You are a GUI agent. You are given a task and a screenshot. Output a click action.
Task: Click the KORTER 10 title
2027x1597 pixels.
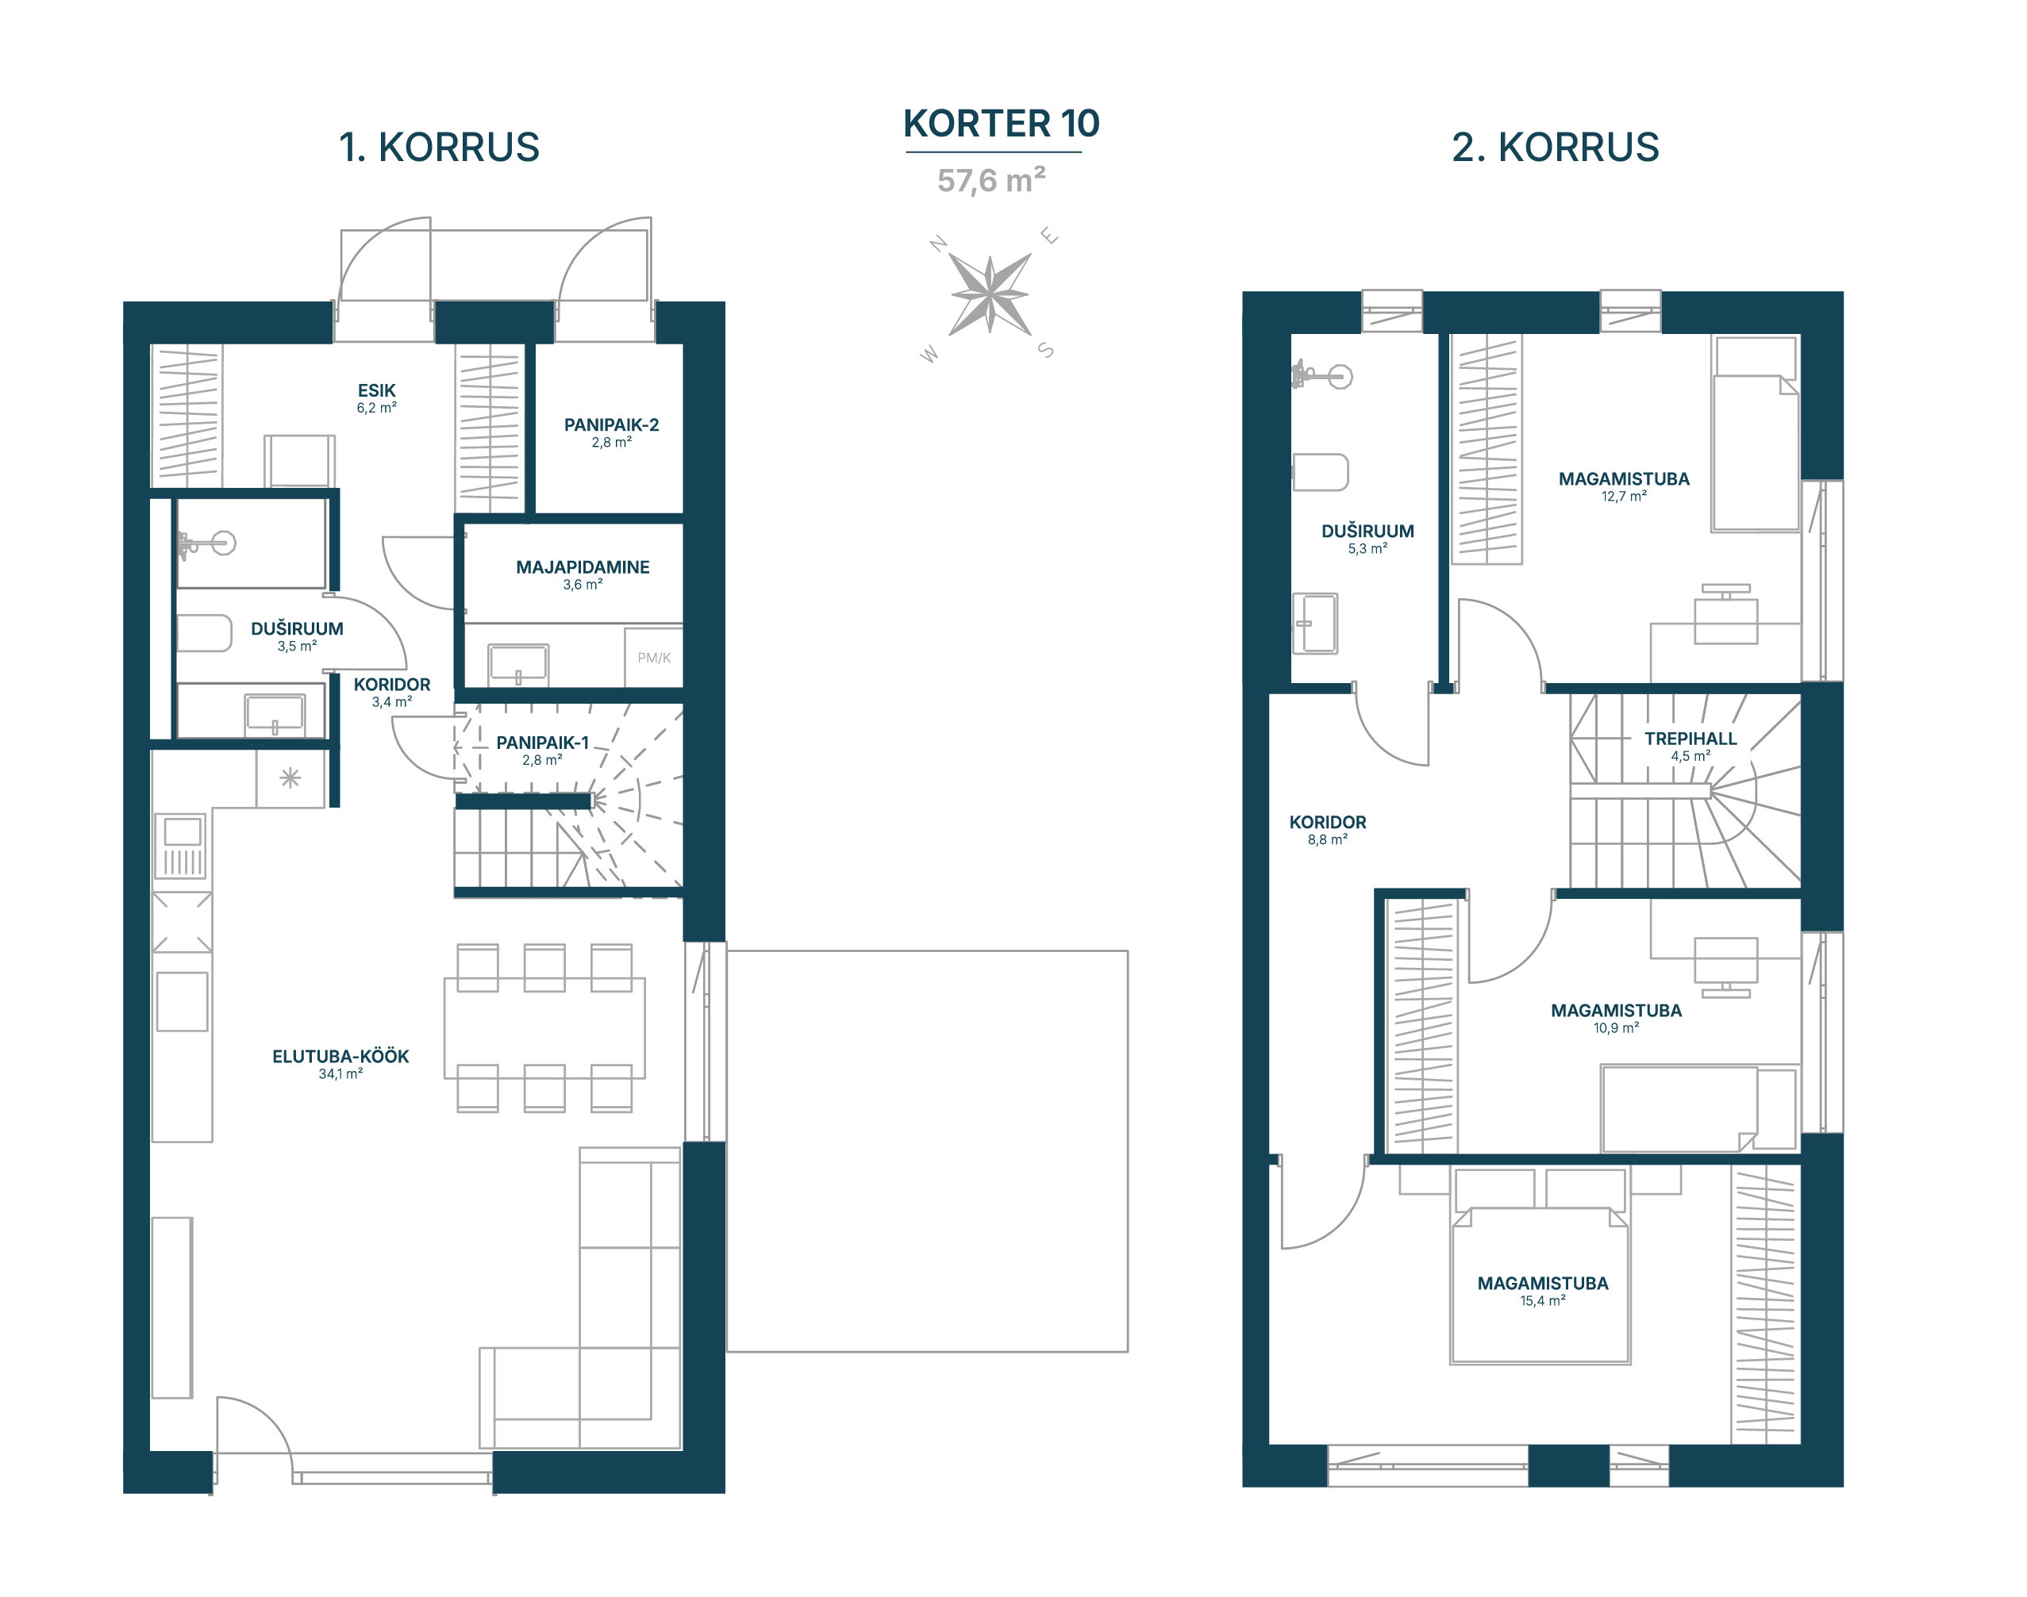click(1001, 124)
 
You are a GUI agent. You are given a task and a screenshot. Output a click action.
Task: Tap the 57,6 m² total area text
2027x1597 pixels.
click(991, 179)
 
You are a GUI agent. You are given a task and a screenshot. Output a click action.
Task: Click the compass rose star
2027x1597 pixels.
click(990, 294)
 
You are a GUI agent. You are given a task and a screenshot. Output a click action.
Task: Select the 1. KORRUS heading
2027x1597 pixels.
click(439, 148)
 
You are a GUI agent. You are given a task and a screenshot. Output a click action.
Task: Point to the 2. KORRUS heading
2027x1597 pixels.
click(1555, 148)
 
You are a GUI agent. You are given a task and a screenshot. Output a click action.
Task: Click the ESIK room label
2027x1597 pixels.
click(376, 390)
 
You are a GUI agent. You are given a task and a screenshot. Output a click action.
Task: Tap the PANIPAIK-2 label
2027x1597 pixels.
click(611, 424)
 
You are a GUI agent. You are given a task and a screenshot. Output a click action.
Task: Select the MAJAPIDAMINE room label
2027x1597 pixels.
click(583, 566)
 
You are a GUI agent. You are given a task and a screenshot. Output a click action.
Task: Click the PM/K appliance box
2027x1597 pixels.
click(654, 658)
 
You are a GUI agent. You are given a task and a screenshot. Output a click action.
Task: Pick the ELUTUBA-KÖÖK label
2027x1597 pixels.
click(340, 1057)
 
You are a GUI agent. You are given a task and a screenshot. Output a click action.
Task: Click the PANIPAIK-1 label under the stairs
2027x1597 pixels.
click(543, 743)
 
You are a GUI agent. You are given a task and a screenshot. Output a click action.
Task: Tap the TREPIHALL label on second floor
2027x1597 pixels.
click(1690, 739)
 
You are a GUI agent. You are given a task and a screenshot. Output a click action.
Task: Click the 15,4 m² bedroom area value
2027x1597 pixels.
click(1542, 1300)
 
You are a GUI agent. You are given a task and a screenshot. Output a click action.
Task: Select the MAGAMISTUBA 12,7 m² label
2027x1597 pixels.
click(1624, 486)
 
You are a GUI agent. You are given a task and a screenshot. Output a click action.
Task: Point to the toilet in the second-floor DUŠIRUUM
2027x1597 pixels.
click(1320, 472)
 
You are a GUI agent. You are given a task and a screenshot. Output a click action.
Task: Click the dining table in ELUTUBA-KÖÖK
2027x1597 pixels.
click(544, 1028)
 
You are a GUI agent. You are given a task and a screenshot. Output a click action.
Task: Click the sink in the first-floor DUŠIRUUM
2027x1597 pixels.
click(274, 713)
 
